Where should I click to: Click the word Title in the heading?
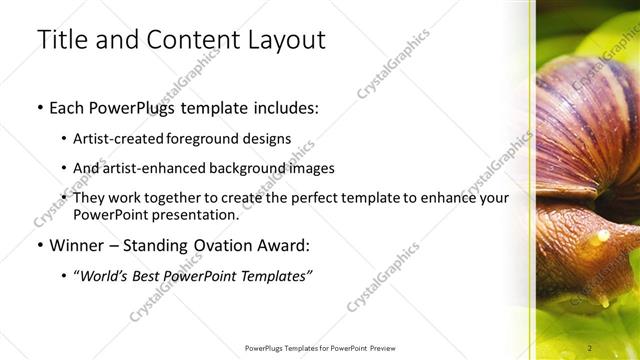[60, 40]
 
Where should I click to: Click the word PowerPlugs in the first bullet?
[134, 106]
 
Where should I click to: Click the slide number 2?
[591, 347]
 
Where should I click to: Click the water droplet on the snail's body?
[600, 239]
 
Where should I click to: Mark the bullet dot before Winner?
[39, 245]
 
